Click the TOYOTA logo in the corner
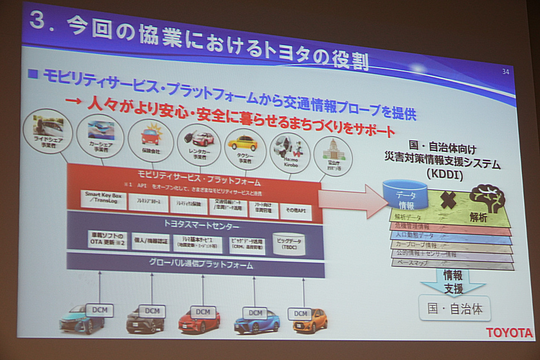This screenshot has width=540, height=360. coord(509,332)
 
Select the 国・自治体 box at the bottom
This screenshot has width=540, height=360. coord(455,308)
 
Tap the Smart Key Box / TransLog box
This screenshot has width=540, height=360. coord(103,200)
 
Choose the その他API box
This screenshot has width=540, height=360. coord(295,209)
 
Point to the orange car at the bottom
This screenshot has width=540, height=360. coord(309,321)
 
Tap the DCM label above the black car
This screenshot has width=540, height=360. coord(151,310)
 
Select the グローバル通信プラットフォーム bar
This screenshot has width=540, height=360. coord(196,264)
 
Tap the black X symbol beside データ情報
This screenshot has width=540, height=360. coord(448,200)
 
